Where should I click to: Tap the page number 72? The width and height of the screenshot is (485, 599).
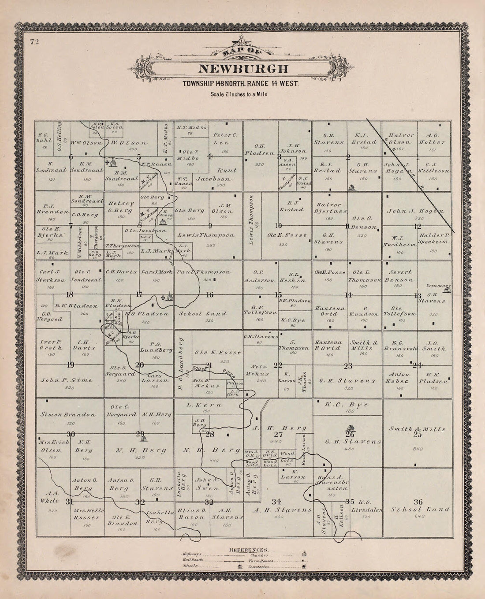click(35, 42)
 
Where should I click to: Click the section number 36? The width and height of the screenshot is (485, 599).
click(418, 501)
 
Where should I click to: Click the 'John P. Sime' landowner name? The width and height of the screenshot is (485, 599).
click(67, 380)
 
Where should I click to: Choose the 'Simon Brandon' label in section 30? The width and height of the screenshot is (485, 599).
click(68, 414)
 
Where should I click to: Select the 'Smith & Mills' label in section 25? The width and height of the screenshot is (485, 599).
click(418, 428)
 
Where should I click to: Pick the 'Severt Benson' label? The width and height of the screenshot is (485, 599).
click(399, 276)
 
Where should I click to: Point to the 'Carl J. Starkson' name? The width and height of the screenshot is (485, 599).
click(52, 275)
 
